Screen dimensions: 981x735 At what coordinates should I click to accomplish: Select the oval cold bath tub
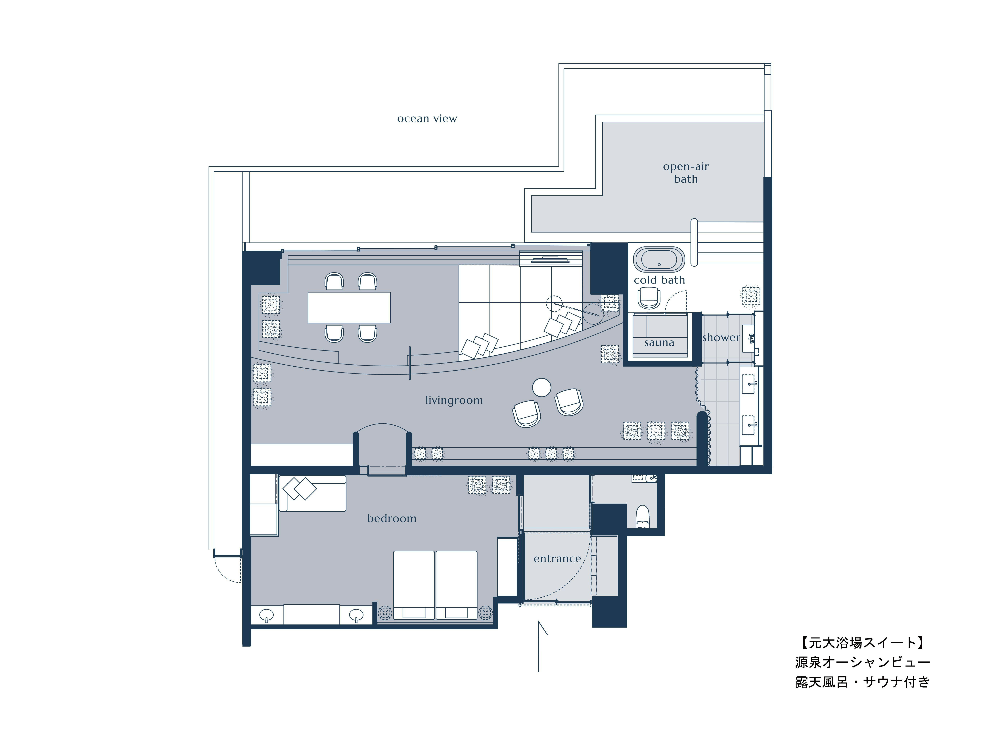[659, 259]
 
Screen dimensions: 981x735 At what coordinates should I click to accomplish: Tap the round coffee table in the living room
[541, 387]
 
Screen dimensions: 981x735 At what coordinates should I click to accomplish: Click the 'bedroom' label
[392, 518]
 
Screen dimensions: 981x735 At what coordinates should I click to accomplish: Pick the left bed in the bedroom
[414, 585]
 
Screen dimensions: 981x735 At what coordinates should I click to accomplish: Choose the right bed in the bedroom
[456, 585]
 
